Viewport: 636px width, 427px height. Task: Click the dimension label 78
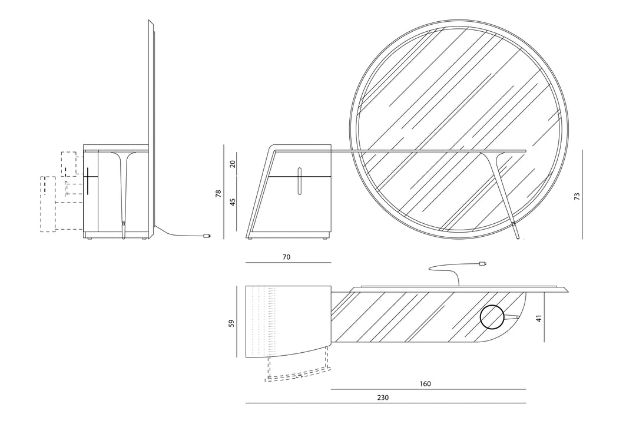(218, 193)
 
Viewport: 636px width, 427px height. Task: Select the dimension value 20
(233, 164)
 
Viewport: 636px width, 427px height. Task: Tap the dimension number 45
(233, 202)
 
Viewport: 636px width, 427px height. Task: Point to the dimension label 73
(577, 196)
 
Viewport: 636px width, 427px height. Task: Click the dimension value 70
(286, 257)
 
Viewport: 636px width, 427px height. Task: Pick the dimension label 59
(231, 323)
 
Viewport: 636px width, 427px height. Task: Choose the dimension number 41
(539, 319)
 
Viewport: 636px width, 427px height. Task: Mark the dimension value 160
(425, 383)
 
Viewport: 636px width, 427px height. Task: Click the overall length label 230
(383, 398)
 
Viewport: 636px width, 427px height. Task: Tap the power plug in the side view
(207, 236)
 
